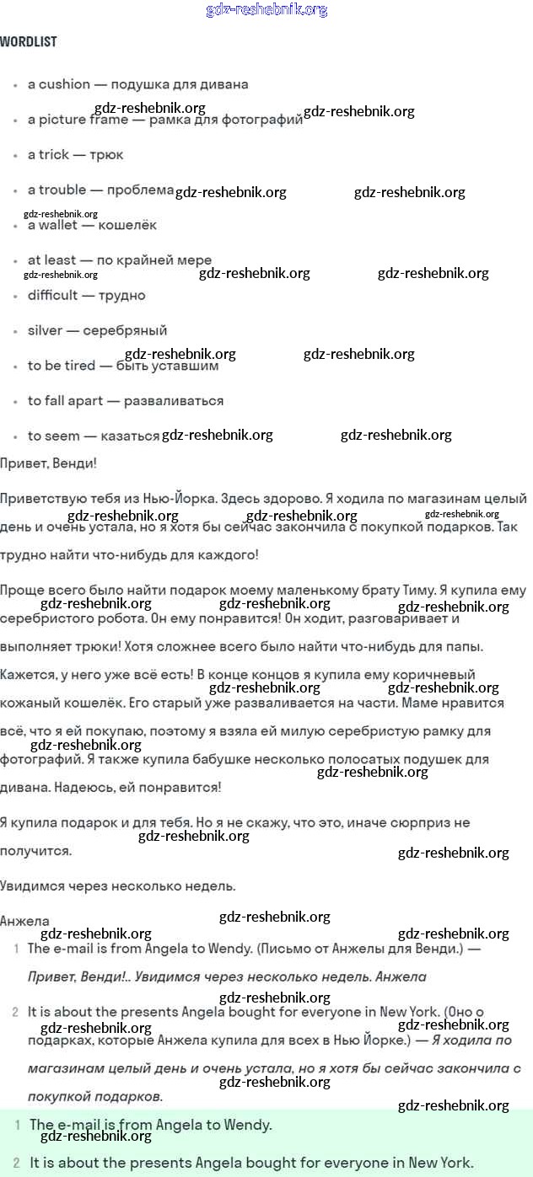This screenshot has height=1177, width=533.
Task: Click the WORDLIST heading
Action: coord(29,41)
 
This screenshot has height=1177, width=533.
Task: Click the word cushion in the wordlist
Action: coord(64,84)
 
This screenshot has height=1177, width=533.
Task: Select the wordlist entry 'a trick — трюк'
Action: coord(75,154)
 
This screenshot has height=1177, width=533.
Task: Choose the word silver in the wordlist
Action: coord(45,330)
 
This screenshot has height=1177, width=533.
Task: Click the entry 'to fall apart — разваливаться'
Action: coord(126,400)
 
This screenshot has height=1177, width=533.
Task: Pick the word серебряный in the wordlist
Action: coord(125,330)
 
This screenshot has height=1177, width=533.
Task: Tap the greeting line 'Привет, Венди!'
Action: coord(49,463)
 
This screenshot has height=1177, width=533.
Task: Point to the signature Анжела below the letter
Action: coord(25,921)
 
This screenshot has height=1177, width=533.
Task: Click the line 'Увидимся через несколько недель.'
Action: coord(118,885)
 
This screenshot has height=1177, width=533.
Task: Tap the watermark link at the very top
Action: coord(266,10)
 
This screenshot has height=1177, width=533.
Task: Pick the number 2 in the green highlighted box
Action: coord(17,1163)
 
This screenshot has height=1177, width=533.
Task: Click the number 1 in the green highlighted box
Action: coord(17,1125)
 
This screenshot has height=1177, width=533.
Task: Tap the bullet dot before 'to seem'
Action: coord(16,436)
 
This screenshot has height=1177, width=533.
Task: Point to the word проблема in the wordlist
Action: coord(140,190)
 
